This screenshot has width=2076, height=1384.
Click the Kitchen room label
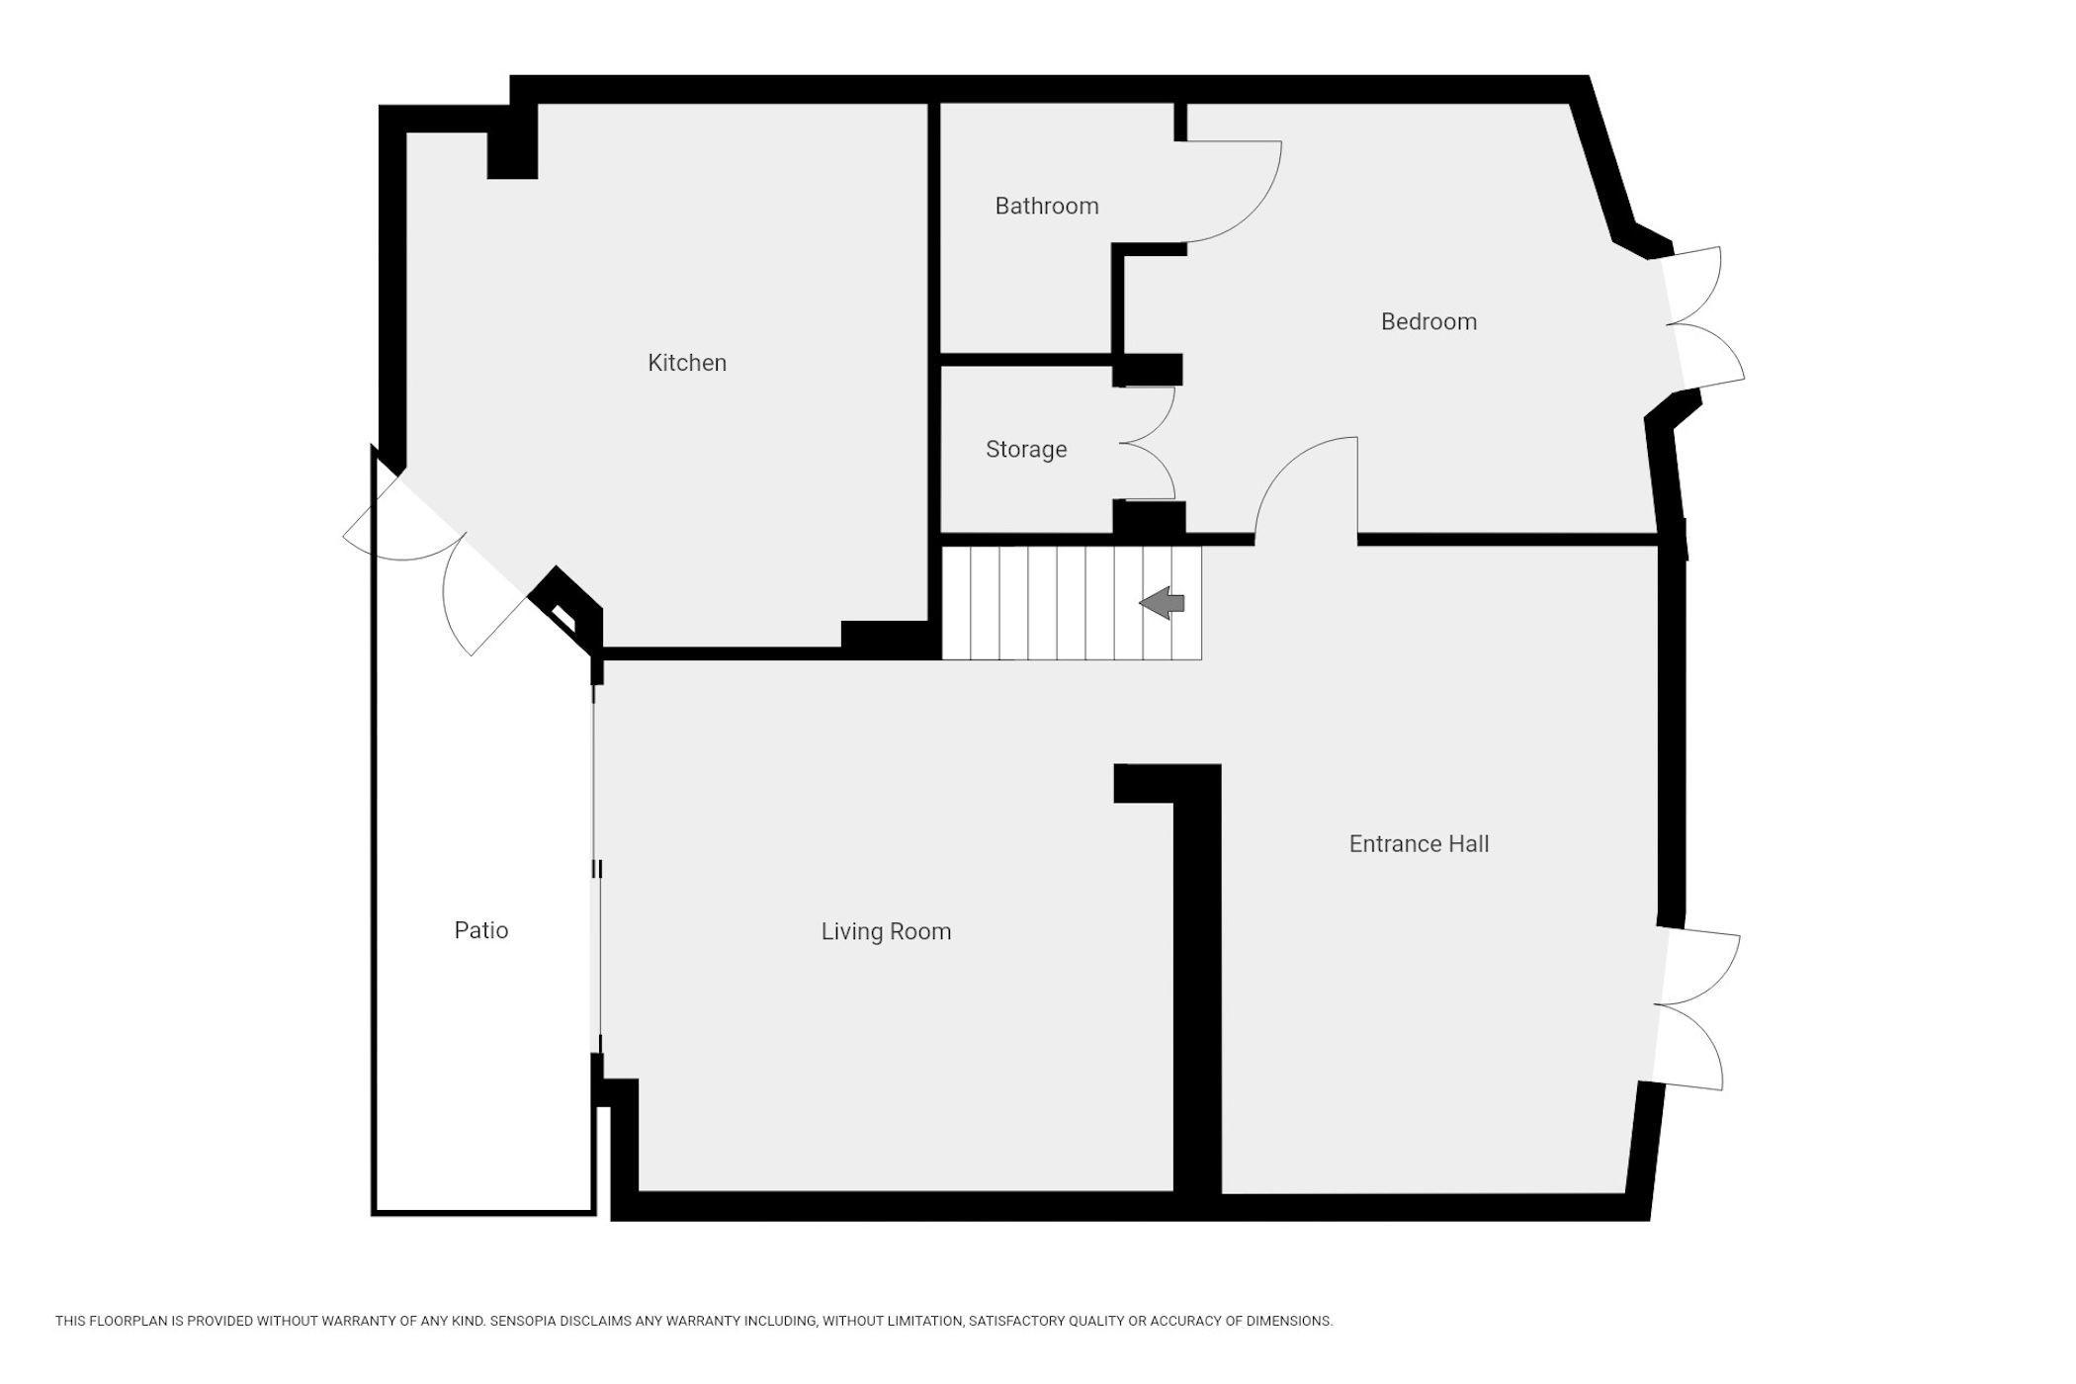tap(687, 363)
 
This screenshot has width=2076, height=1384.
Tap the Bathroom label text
tap(1047, 206)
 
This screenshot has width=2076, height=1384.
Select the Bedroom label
tap(1428, 321)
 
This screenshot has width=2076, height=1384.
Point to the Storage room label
tap(1026, 449)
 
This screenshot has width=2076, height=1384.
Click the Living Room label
tap(886, 931)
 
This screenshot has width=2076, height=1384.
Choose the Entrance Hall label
tap(1419, 843)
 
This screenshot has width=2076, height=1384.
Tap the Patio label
tap(481, 930)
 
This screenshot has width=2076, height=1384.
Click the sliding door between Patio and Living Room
tap(596, 870)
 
